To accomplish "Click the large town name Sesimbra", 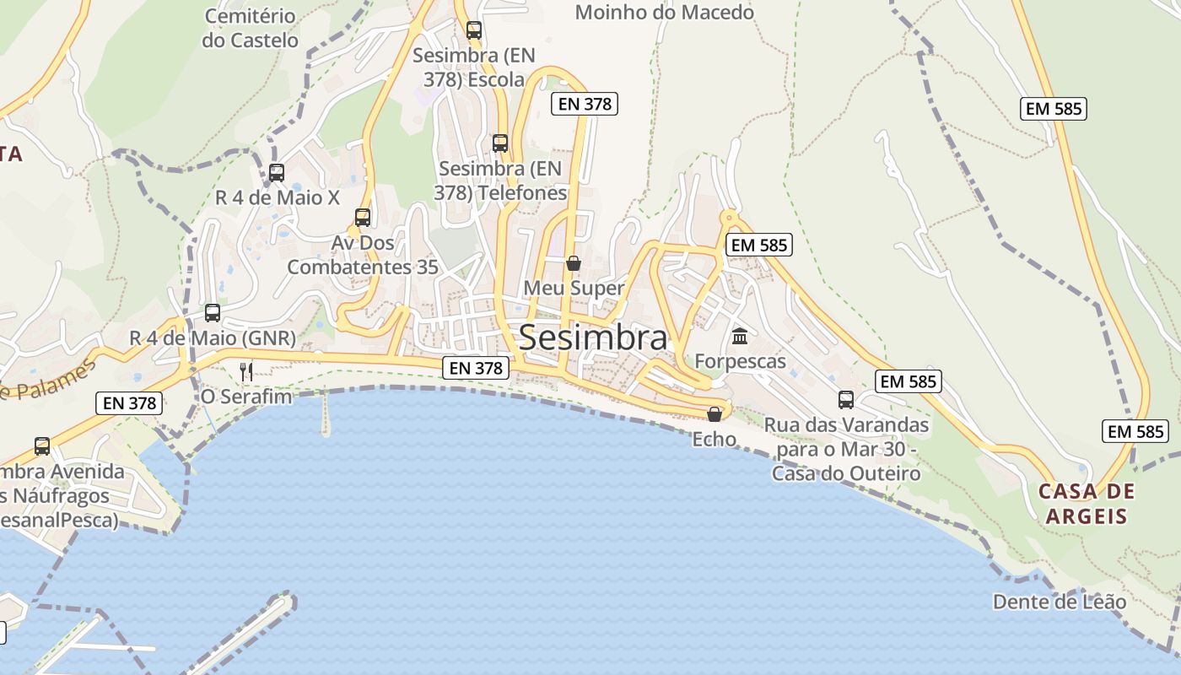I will click(592, 337).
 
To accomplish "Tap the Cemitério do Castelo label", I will click(250, 28).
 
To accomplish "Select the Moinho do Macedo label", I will click(664, 12).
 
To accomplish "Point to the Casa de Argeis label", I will click(1087, 504).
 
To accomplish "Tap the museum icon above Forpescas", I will click(740, 337).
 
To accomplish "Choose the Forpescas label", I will click(740, 361).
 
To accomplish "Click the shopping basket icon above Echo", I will click(715, 414).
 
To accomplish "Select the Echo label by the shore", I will click(715, 439).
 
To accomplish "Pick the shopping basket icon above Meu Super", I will click(574, 263).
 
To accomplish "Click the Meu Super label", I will click(574, 288).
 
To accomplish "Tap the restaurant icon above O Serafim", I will click(246, 371).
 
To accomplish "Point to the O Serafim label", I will click(246, 396).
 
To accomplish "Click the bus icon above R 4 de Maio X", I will click(277, 173).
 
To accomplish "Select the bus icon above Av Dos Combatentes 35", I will click(363, 217).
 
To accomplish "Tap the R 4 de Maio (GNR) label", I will click(213, 337).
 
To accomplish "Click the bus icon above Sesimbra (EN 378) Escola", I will click(474, 30).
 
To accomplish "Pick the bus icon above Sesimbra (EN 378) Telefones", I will click(500, 143).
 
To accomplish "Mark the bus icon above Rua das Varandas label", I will click(846, 399).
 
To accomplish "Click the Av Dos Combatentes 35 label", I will click(363, 255).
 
